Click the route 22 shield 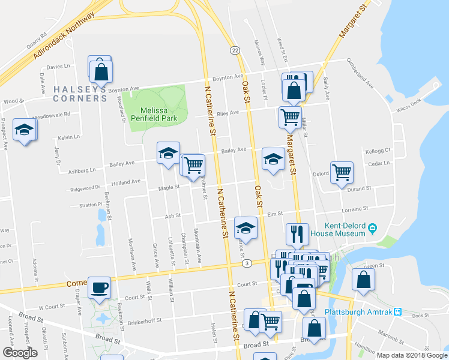(234, 50)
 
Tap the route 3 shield (246, 263)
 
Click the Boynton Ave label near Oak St (226, 77)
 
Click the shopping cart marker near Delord (342, 172)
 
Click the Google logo (20, 353)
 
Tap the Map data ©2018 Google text (412, 355)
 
